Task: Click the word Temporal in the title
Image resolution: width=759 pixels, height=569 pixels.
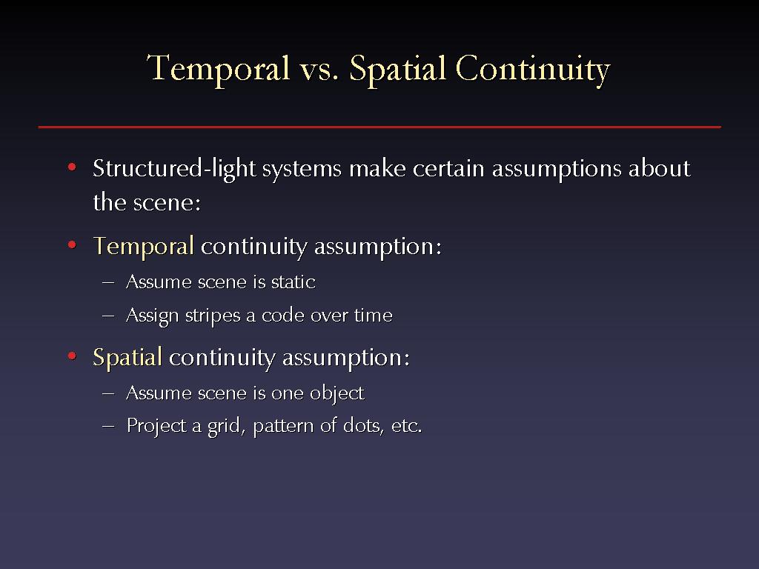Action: tap(219, 70)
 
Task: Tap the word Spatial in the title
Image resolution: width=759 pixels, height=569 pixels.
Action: tap(397, 70)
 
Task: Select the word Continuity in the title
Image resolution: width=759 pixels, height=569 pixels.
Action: tap(532, 70)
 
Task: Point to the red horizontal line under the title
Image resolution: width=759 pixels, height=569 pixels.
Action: tap(379, 127)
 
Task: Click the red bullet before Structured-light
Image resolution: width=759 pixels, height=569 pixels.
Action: tap(72, 167)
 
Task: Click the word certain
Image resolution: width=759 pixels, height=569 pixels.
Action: tap(448, 169)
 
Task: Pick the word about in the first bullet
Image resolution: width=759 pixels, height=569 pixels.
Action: tap(659, 168)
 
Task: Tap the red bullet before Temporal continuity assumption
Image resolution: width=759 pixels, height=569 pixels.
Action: tap(72, 244)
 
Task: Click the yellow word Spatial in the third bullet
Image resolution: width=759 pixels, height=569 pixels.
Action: tap(127, 359)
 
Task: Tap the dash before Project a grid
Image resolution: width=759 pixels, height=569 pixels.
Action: tap(108, 426)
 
